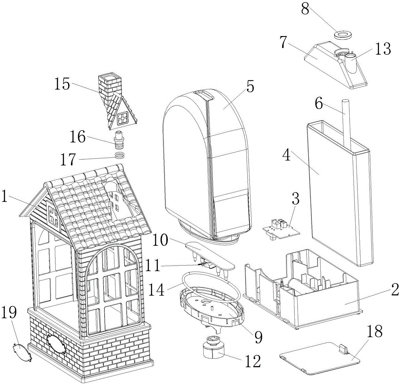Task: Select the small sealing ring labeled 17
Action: pyautogui.click(x=119, y=156)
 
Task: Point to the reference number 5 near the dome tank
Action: pyautogui.click(x=249, y=87)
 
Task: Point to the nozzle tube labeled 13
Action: pyautogui.click(x=350, y=67)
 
